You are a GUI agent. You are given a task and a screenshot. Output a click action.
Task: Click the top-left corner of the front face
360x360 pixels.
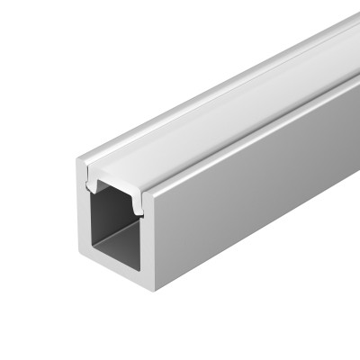(76, 163)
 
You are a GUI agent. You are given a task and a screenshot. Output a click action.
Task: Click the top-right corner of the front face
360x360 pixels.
(152, 184)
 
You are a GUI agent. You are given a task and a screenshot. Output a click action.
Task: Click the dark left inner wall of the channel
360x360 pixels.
(97, 225)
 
